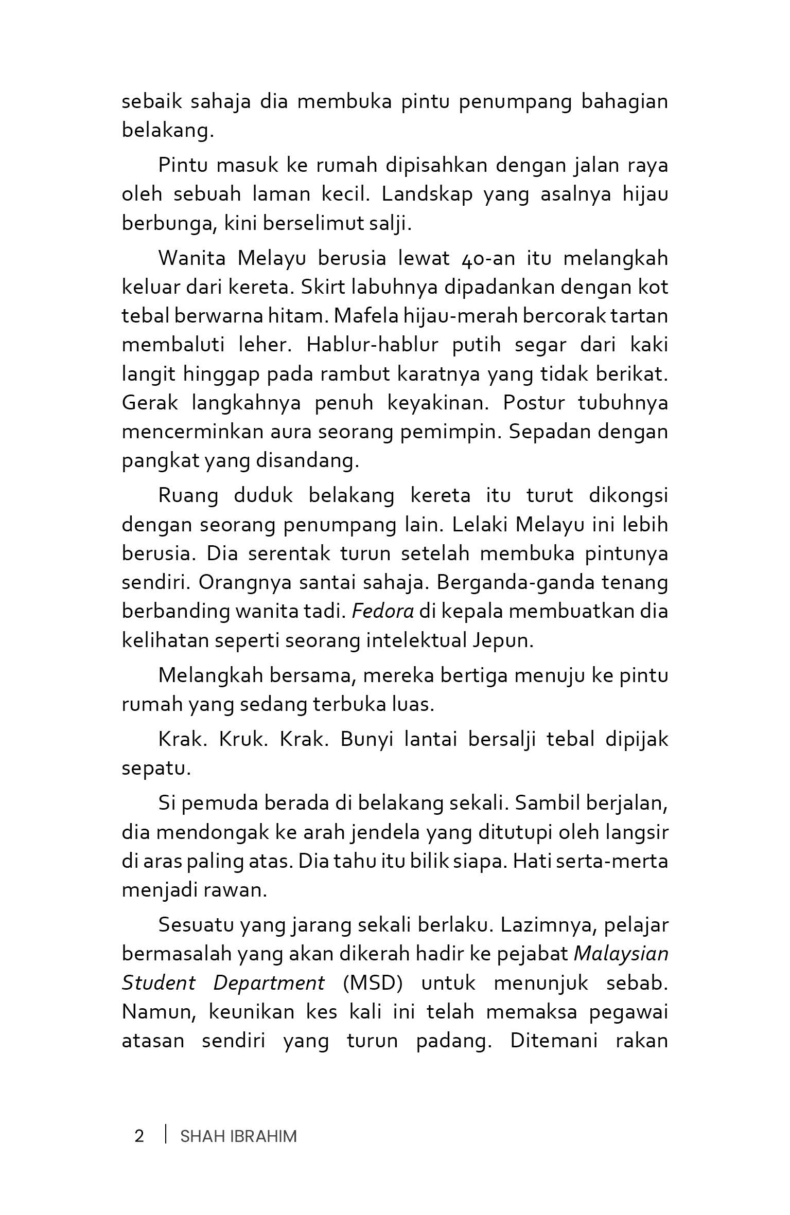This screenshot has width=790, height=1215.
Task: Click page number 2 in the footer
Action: pos(139,1136)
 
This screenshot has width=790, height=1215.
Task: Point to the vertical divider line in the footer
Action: pos(166,1135)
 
